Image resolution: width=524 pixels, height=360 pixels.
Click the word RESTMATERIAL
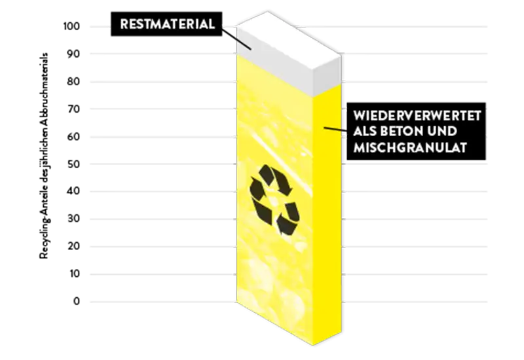167,25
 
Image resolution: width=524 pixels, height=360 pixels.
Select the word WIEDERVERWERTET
417,115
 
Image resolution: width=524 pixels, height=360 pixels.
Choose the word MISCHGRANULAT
409,149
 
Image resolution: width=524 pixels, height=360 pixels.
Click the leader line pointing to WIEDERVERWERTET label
335,128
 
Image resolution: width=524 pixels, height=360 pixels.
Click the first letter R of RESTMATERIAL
124,25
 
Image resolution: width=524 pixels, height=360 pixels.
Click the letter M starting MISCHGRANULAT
358,149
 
